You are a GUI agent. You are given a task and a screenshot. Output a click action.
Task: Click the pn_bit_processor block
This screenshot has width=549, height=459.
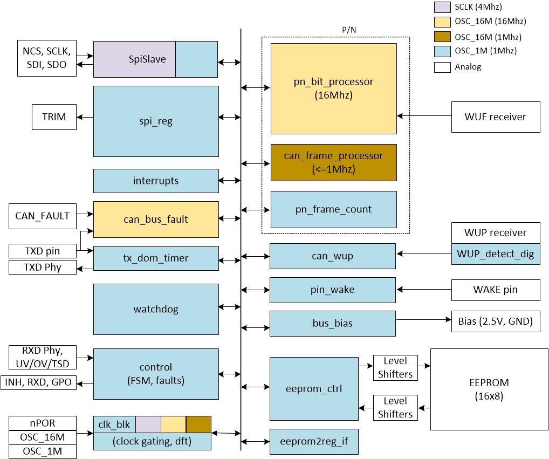click(x=333, y=88)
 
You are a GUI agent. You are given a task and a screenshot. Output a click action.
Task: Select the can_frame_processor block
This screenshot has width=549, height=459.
click(x=333, y=162)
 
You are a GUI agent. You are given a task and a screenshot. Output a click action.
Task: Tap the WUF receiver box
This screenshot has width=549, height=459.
click(x=495, y=117)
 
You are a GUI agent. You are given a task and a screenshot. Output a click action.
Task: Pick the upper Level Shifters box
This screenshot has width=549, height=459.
click(x=395, y=367)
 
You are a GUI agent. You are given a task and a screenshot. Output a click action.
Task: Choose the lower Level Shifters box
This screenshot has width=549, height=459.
click(x=395, y=407)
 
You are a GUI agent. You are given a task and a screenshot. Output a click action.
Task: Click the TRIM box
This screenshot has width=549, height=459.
click(x=54, y=117)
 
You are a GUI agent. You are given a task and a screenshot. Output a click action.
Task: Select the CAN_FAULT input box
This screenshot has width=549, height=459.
click(x=43, y=216)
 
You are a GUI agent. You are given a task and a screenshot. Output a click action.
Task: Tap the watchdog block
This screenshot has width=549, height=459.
click(x=156, y=310)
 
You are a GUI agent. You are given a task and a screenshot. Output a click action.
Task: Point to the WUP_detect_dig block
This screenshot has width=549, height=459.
click(x=495, y=254)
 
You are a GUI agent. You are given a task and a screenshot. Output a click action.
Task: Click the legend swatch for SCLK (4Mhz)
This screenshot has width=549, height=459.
click(x=442, y=7)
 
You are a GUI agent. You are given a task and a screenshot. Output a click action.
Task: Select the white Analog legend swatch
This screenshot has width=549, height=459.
click(x=442, y=67)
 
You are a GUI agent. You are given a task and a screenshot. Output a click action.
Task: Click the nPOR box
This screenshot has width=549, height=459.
click(x=43, y=423)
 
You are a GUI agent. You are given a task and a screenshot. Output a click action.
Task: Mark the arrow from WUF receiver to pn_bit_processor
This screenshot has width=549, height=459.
click(x=424, y=116)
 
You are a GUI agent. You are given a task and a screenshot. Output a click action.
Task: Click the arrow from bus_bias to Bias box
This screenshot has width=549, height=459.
click(x=424, y=319)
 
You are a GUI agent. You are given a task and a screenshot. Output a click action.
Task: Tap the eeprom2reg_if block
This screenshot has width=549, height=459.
click(x=314, y=441)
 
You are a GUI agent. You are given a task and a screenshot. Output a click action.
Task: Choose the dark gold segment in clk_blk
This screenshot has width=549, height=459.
click(x=198, y=424)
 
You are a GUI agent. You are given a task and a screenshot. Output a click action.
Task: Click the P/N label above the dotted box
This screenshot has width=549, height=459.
click(x=349, y=30)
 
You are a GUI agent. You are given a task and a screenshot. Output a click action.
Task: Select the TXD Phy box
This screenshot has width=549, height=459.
click(x=43, y=267)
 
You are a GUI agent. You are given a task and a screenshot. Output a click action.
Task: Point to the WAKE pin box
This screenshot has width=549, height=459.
click(x=495, y=290)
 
